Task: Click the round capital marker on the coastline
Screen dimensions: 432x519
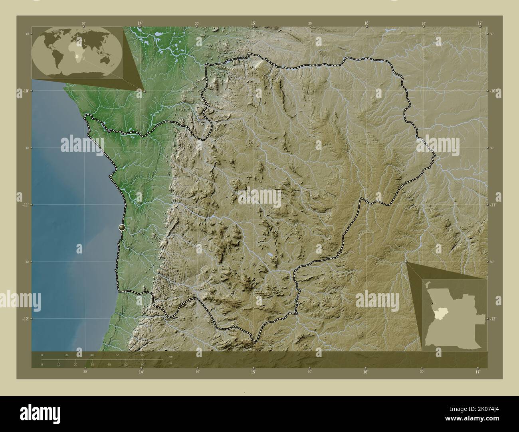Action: tap(122, 227)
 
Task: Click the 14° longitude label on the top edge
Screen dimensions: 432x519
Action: tap(140, 24)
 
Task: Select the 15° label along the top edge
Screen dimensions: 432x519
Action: tap(253, 24)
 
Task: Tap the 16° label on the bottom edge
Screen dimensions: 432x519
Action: tap(366, 372)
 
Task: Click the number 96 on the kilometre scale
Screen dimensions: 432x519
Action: tap(142, 355)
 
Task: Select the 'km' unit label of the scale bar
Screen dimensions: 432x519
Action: tap(170, 356)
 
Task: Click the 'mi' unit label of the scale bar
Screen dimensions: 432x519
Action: tap(170, 363)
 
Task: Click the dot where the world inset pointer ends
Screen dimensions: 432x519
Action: tap(144, 91)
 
